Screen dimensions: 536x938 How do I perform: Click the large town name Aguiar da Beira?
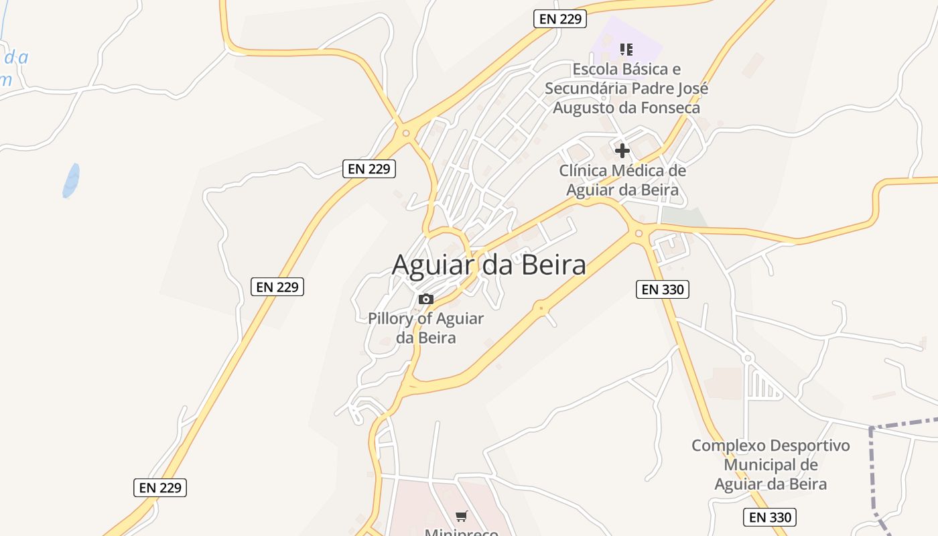pos(488,265)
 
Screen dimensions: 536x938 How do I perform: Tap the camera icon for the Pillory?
pos(425,299)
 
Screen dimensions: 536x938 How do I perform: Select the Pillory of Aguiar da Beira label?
pos(425,328)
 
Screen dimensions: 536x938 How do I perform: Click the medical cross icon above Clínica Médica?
pos(622,150)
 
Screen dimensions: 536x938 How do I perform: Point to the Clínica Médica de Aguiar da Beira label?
pos(622,180)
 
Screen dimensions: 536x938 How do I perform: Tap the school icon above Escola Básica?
pos(626,49)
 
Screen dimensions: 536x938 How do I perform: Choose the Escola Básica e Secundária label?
pos(626,88)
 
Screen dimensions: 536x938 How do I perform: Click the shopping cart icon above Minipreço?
pos(461,516)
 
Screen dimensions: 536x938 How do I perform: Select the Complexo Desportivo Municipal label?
pos(770,464)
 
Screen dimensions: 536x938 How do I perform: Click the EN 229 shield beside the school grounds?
pos(560,19)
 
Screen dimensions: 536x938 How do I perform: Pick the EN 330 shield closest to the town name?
pos(663,289)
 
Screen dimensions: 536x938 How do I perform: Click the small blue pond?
pos(71,180)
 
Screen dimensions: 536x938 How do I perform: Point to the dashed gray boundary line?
pos(872,469)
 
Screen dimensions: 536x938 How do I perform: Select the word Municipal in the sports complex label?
pos(770,464)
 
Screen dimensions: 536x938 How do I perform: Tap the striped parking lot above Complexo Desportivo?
pos(764,386)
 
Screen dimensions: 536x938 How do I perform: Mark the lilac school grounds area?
pos(643,44)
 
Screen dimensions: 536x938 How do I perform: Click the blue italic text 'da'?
pos(17,58)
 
